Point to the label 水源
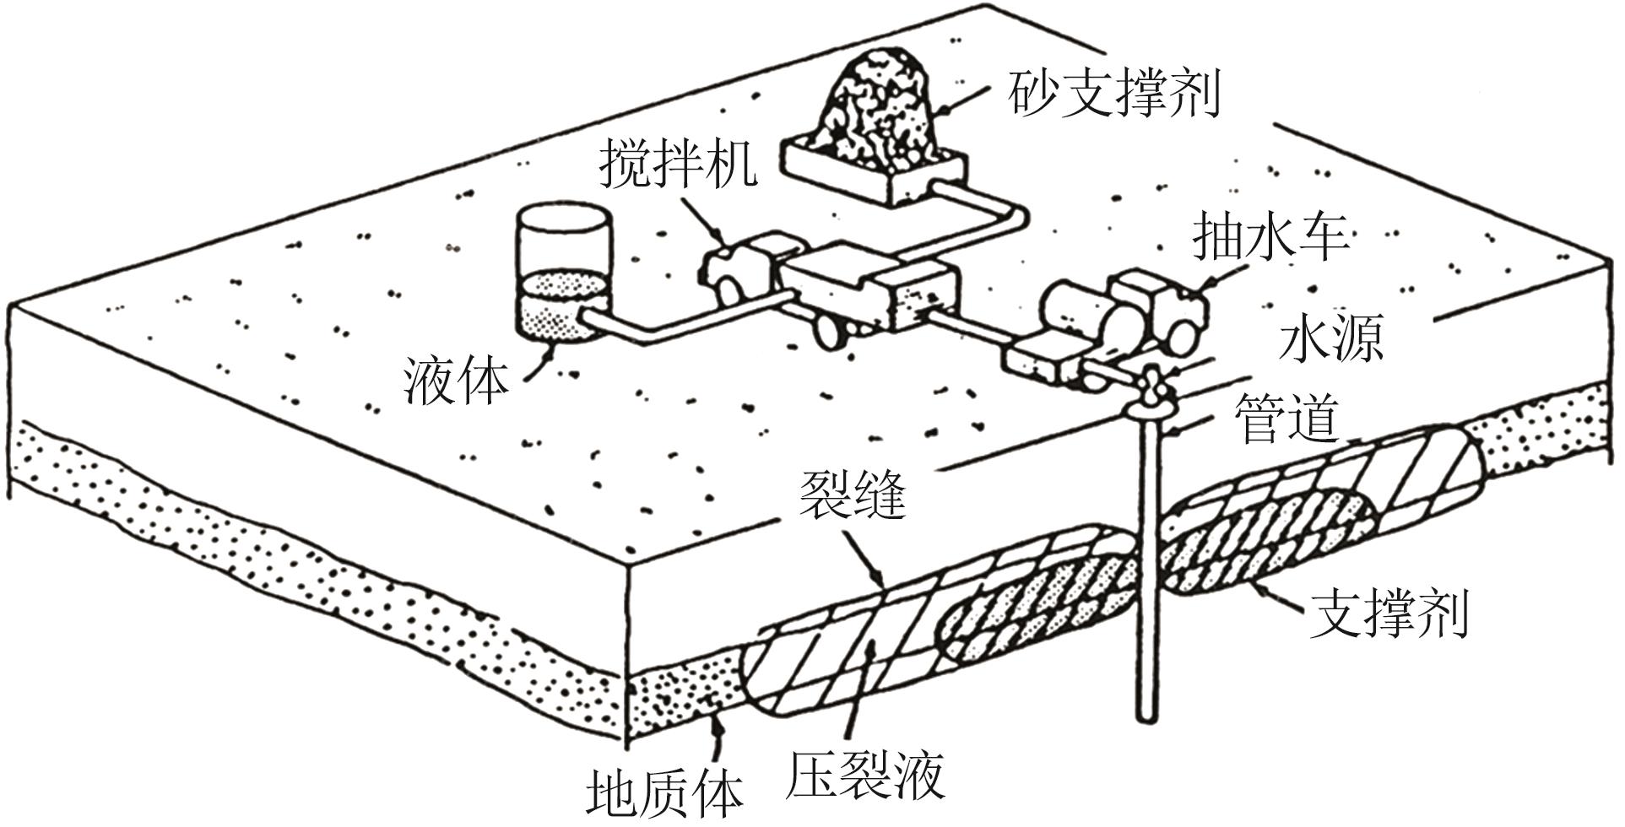click(x=1331, y=341)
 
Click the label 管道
click(x=1286, y=419)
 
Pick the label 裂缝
click(x=853, y=495)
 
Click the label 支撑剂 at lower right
click(x=1389, y=613)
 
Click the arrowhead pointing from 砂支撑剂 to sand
click(x=945, y=109)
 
